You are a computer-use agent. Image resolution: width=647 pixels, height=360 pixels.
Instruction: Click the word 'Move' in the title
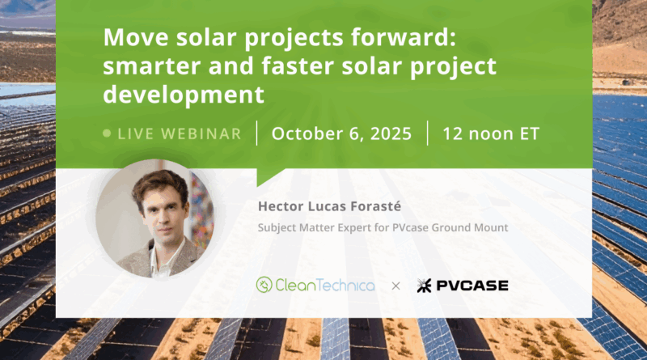tap(136, 37)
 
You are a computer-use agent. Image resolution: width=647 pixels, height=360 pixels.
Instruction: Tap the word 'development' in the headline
tap(184, 95)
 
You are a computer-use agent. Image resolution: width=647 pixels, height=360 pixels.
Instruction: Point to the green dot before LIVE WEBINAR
tap(107, 133)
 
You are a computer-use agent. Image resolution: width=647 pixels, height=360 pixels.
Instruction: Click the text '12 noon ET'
tap(491, 133)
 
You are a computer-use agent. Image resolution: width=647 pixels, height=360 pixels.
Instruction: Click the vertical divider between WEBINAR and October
tap(256, 133)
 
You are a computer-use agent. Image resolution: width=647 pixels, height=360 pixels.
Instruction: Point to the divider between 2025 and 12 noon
tap(428, 133)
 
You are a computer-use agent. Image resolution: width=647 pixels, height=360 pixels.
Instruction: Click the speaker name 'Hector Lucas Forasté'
tap(329, 206)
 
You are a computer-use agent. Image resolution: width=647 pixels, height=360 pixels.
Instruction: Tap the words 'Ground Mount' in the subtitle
tap(470, 227)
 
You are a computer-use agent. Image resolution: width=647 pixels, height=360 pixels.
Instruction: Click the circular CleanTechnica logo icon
tap(264, 285)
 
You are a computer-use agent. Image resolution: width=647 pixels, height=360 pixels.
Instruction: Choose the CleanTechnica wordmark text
tap(325, 286)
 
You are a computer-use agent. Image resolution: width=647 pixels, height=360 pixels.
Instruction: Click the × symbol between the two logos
tap(395, 286)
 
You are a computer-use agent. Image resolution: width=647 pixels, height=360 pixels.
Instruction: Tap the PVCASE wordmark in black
tap(472, 286)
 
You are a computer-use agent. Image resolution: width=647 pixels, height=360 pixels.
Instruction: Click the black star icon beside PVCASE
tap(424, 286)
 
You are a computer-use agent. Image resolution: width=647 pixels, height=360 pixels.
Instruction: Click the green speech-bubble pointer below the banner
tap(268, 176)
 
